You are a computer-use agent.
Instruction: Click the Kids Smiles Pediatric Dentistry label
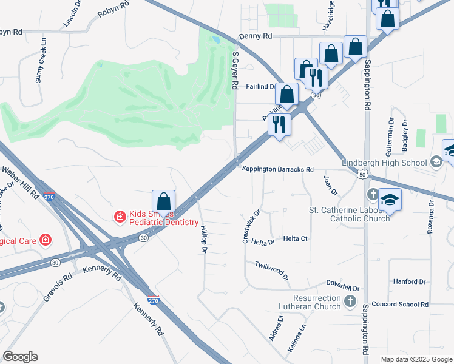pos(164,218)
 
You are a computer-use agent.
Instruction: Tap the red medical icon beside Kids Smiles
pos(120,215)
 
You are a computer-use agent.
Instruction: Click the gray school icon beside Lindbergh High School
pos(435,162)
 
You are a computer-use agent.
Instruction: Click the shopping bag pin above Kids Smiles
pos(163,201)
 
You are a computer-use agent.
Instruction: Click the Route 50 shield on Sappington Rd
pos(362,175)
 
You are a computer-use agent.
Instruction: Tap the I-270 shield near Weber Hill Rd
pos(50,197)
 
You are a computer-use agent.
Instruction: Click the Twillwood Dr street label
pos(271,271)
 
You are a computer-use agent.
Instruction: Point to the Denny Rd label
pos(256,36)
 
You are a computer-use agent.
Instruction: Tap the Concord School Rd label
pos(400,304)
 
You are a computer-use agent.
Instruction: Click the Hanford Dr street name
pos(409,282)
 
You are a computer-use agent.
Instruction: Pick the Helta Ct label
pos(295,239)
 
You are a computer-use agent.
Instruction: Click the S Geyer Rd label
pos(235,70)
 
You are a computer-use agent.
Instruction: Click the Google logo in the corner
pos(21,357)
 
